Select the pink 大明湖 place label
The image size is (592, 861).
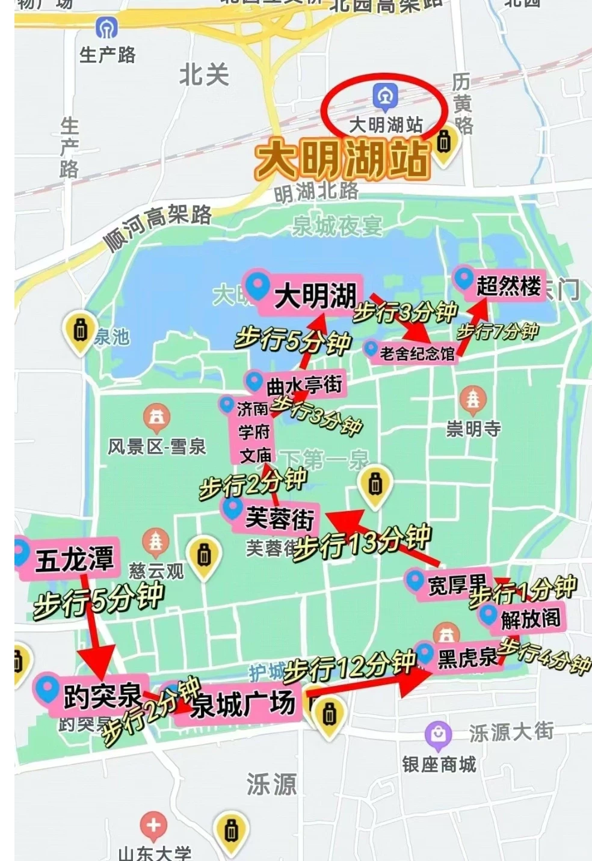(307, 294)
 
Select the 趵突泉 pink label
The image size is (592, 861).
(93, 695)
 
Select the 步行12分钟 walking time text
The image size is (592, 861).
(349, 665)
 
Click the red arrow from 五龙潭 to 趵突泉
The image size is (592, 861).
(96, 631)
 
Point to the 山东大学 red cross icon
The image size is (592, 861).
(153, 826)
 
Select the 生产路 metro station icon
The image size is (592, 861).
(106, 27)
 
